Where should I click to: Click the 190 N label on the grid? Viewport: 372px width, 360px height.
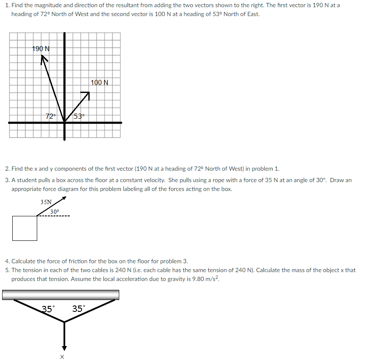tap(41, 49)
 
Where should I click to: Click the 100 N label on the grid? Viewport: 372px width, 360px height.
tap(99, 82)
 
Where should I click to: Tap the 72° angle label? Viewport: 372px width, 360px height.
tap(51, 116)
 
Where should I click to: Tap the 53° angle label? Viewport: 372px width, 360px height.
tap(79, 116)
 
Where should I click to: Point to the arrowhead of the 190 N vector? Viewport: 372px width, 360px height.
tap(43, 60)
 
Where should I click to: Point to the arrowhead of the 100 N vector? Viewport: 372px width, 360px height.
tap(88, 94)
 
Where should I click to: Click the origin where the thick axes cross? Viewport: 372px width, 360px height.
tap(64, 123)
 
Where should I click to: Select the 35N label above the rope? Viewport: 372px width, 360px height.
tap(46, 202)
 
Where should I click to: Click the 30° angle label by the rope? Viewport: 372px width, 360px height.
tap(55, 211)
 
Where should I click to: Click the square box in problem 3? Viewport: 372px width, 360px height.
tap(25, 228)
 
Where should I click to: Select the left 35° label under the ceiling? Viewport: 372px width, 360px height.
tap(48, 309)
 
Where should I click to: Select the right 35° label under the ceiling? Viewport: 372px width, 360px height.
tap(78, 309)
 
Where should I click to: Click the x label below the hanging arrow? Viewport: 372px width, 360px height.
tap(62, 357)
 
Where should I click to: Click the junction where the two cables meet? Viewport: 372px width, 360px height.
tap(64, 322)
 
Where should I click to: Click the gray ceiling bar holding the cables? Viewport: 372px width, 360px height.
tap(60, 295)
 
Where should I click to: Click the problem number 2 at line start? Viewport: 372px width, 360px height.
tap(7, 169)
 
